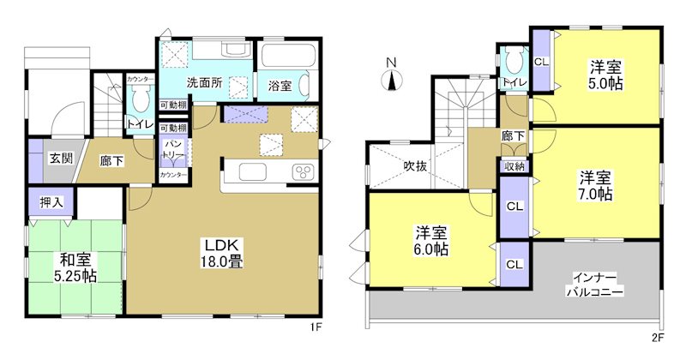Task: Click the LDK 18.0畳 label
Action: (x=221, y=252)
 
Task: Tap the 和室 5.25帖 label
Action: (x=77, y=267)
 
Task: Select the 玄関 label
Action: (x=60, y=158)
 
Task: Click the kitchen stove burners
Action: (x=304, y=172)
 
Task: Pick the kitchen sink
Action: (x=256, y=172)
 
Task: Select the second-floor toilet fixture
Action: (x=514, y=59)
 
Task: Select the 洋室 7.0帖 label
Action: (x=593, y=186)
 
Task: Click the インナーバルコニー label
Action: (x=593, y=284)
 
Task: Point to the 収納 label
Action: (x=514, y=167)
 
